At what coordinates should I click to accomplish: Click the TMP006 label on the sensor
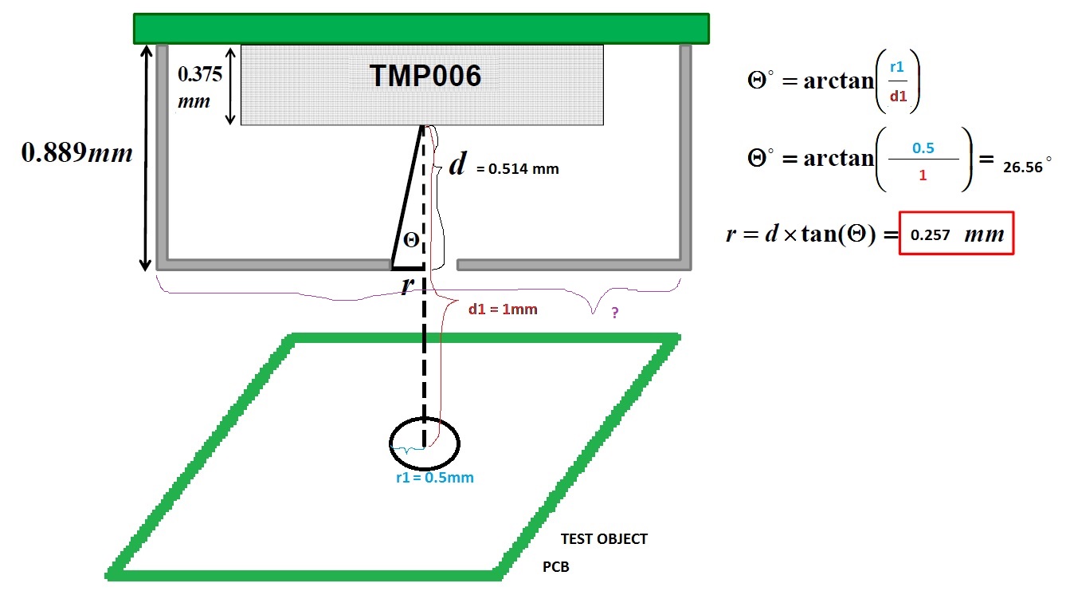[x=425, y=77]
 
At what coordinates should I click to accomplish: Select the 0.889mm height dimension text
[x=76, y=153]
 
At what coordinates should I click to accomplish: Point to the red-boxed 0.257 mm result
[x=956, y=234]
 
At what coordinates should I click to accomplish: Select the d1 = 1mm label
[x=504, y=309]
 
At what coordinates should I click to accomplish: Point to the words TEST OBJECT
[x=604, y=539]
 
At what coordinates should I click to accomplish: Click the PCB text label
[x=556, y=568]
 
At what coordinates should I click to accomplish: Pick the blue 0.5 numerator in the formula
[x=922, y=148]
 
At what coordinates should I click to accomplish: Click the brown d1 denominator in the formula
[x=898, y=97]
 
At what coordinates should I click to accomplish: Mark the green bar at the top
[x=421, y=28]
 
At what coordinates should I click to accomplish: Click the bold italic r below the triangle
[x=406, y=284]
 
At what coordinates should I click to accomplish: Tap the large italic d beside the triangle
[x=457, y=165]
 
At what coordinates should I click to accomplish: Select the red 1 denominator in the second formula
[x=923, y=175]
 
